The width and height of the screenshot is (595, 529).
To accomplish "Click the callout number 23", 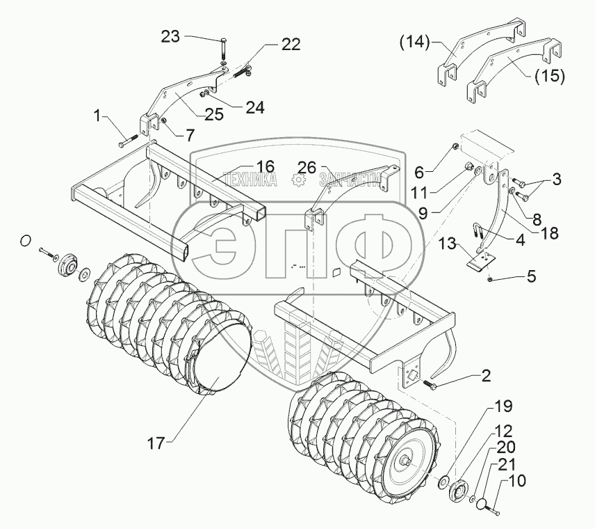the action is coord(170,38).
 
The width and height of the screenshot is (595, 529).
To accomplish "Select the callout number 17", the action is coord(156,443).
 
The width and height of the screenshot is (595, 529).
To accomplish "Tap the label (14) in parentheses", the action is coord(414,42).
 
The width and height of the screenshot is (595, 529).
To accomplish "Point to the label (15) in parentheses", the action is coord(549,77).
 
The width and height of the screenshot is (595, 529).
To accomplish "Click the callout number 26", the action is coord(307,168).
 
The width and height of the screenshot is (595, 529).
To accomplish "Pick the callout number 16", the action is coord(265,166).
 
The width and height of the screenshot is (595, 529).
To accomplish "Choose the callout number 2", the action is coord(486,376).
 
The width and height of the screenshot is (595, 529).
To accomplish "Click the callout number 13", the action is coord(448,244).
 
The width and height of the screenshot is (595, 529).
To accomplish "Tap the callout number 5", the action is coord(532,276).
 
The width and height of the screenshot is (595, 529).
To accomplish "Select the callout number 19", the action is coord(503,406).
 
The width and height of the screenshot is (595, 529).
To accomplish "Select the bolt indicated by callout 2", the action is coord(427,384).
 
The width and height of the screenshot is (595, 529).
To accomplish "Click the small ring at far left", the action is coord(24,241).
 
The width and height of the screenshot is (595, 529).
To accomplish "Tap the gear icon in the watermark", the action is coord(298,180).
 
